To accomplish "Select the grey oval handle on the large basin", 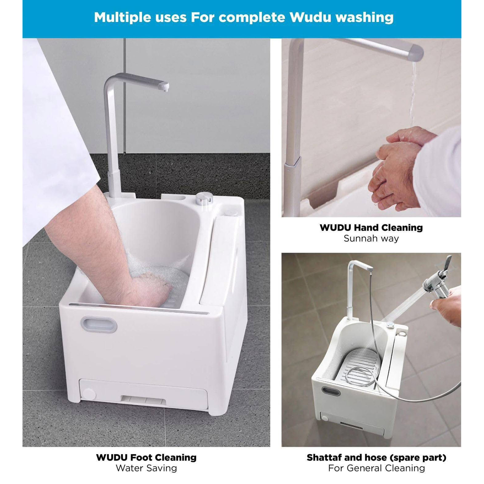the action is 99,324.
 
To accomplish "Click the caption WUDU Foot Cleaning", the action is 146,450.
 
